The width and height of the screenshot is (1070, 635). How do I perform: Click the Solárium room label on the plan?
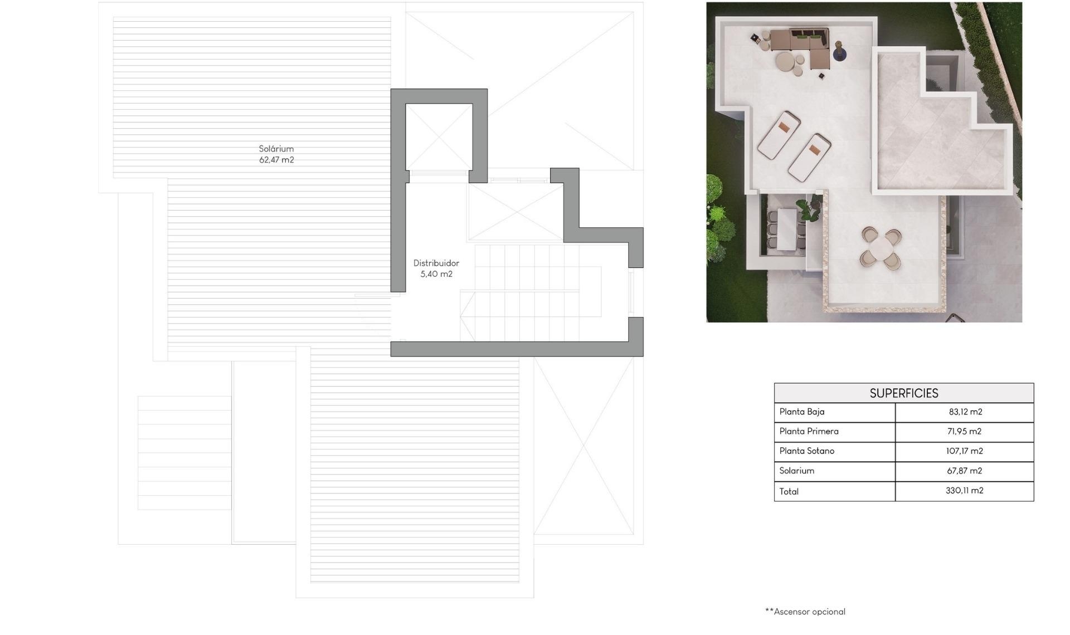click(x=276, y=149)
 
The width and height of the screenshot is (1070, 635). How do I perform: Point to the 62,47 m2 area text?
click(x=276, y=160)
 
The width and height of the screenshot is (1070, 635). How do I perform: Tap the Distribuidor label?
click(x=436, y=263)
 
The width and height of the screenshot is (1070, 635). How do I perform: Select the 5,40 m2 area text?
click(x=436, y=274)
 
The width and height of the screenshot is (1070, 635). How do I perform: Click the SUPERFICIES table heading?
click(x=903, y=393)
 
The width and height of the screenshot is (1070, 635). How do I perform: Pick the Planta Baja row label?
click(x=801, y=412)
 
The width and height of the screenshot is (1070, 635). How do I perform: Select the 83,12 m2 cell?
click(x=965, y=412)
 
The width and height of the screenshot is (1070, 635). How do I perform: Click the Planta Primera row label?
click(x=809, y=432)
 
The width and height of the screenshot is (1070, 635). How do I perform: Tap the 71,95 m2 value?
click(x=964, y=432)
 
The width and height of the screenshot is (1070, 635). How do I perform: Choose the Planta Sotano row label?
click(x=806, y=451)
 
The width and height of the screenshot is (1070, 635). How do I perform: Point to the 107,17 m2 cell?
click(x=964, y=451)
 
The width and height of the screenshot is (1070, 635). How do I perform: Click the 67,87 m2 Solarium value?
click(x=964, y=471)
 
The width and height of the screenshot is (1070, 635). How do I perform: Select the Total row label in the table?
click(x=789, y=491)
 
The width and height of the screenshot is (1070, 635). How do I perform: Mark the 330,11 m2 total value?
click(x=964, y=491)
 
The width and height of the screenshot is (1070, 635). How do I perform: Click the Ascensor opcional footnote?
click(x=805, y=612)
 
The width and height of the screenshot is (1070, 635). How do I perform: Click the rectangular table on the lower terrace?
click(x=787, y=228)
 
